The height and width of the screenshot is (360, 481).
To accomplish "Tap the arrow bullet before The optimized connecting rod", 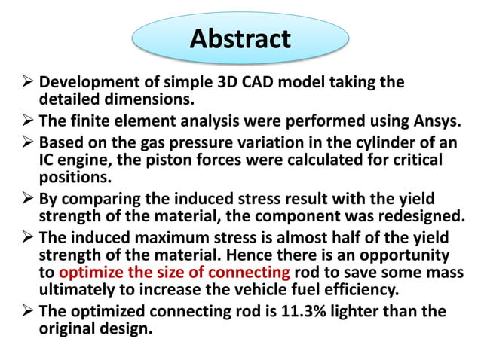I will (23, 311).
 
